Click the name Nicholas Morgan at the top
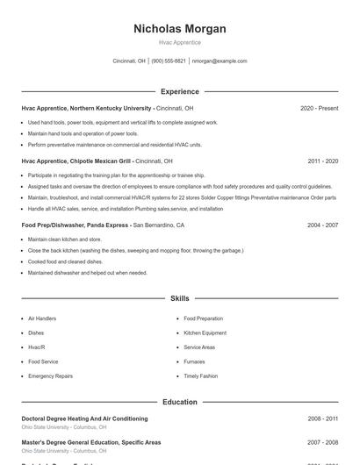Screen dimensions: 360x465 coord(179,28)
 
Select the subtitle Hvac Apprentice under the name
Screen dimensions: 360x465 coord(179,42)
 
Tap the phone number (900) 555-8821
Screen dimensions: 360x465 coord(169,61)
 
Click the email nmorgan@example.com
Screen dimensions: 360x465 coord(220,61)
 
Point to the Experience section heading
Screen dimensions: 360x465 coord(179,91)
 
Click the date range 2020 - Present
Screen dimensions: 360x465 coord(319,108)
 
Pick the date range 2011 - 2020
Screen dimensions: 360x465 coord(322,161)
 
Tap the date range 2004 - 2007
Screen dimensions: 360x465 coord(322,225)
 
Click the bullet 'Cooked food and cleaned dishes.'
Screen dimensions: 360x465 coord(66,261)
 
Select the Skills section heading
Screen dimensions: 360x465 coord(179,299)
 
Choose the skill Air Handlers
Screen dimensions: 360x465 coord(42,318)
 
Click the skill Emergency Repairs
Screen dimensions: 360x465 coord(50,376)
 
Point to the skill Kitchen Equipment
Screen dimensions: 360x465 coord(205,333)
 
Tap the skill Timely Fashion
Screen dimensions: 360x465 coord(201,376)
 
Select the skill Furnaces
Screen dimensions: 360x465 coord(194,361)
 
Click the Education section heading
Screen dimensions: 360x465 coord(179,402)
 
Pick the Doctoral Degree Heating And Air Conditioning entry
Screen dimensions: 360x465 coord(84,418)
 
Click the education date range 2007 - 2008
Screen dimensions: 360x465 coord(322,441)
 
